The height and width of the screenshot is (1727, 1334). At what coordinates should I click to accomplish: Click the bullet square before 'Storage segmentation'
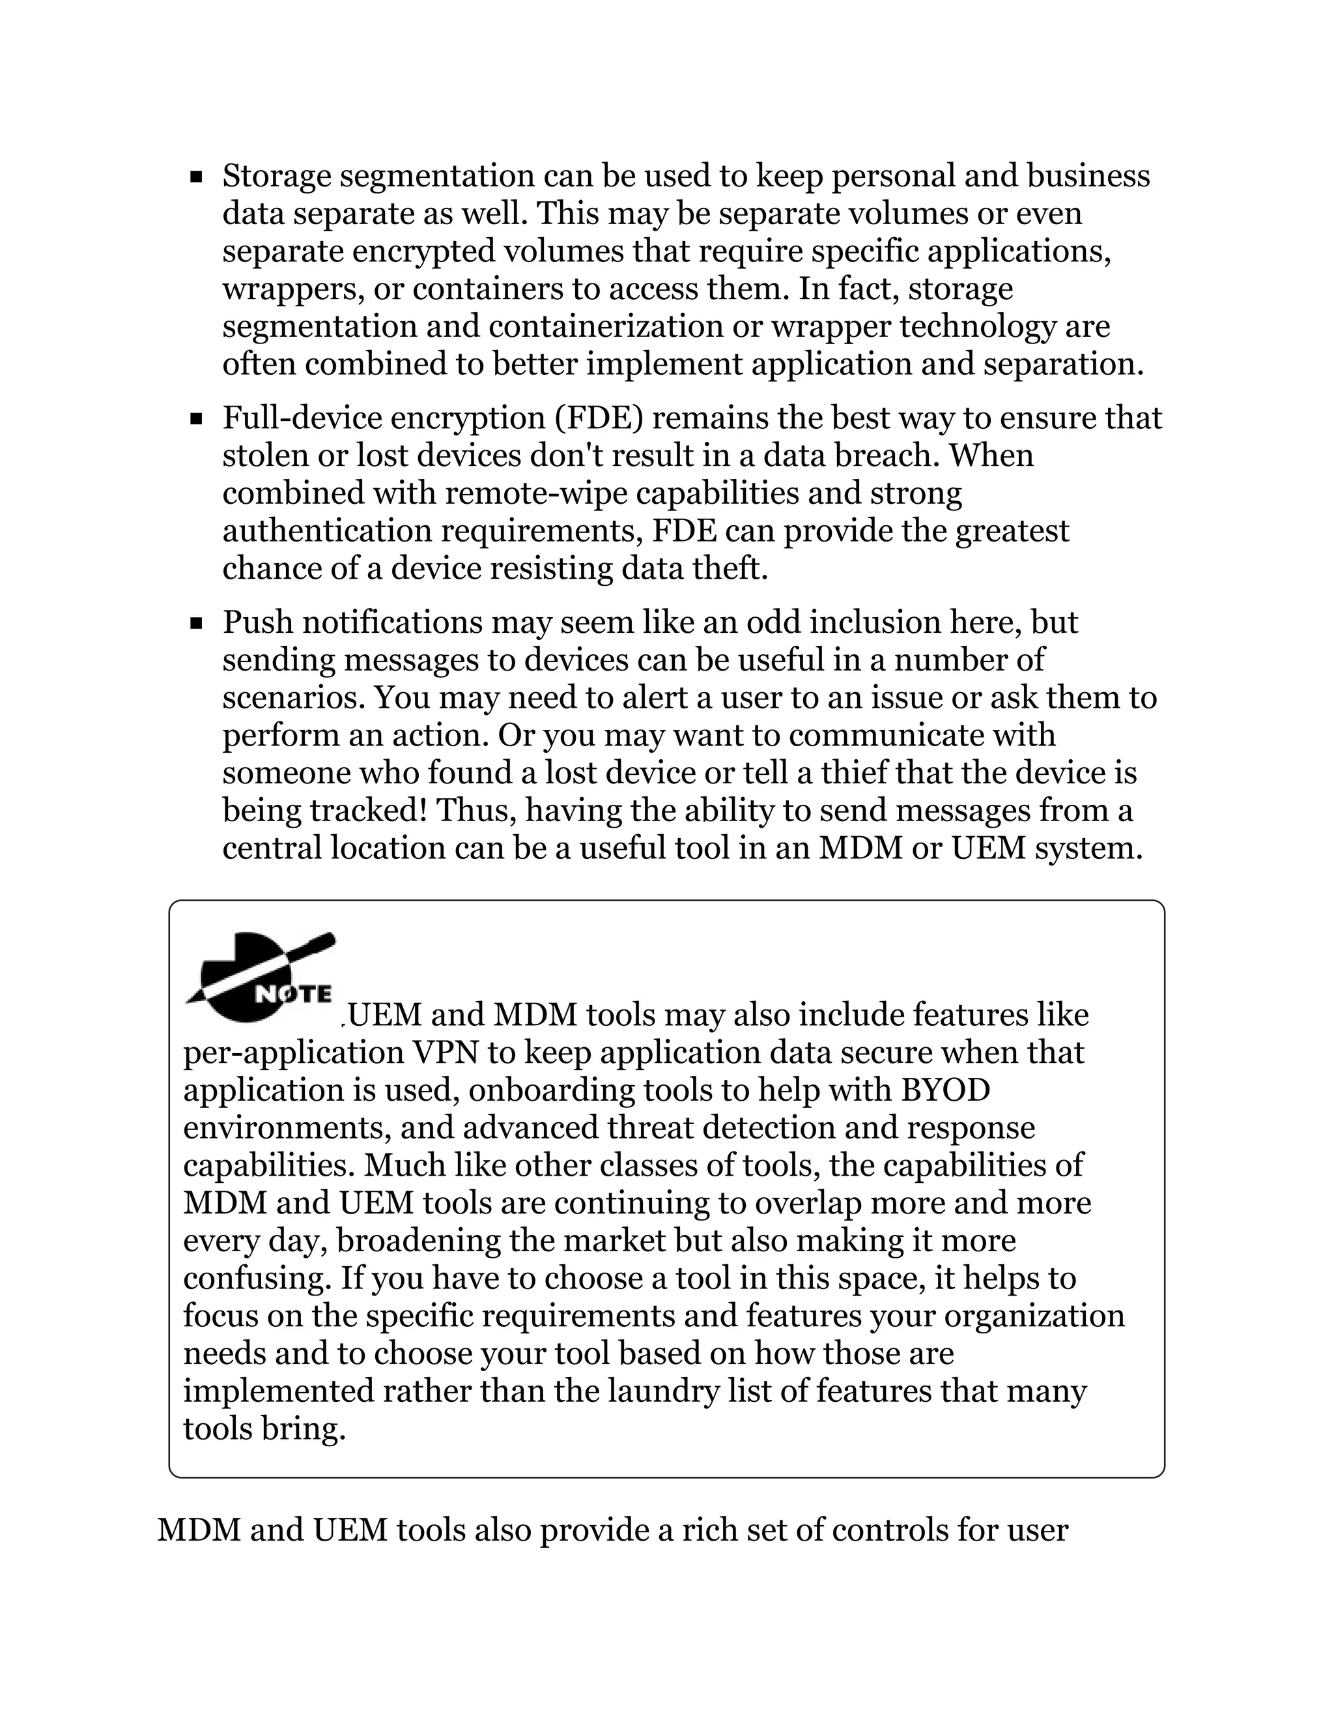coord(197,177)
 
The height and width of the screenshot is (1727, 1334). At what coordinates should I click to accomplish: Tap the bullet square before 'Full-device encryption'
coord(197,418)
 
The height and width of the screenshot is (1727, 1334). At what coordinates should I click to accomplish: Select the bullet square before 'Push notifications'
coord(197,623)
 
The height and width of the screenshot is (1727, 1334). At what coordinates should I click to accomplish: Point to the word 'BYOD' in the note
coord(945,1090)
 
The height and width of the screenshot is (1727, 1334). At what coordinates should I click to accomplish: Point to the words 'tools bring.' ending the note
coord(264,1429)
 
